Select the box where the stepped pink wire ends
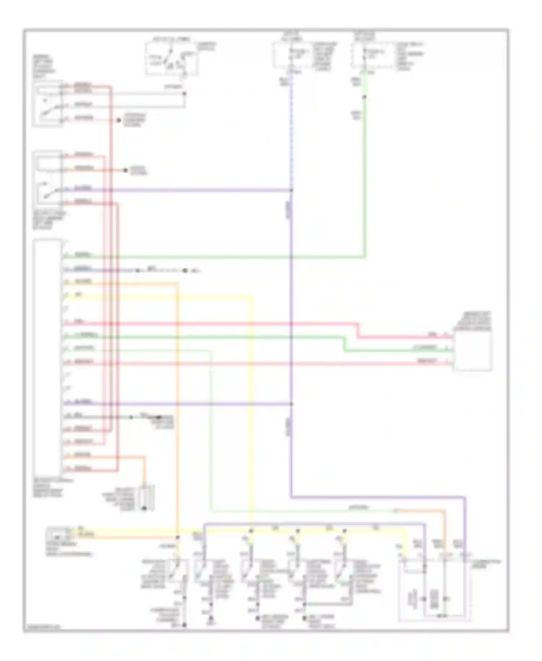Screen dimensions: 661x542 (x=473, y=350)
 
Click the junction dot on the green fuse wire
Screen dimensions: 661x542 (x=365, y=97)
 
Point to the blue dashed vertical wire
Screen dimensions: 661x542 (x=291, y=130)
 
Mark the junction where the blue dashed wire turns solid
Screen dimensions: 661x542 (x=291, y=190)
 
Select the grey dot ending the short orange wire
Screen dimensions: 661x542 (x=125, y=170)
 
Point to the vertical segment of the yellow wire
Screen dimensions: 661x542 (x=251, y=409)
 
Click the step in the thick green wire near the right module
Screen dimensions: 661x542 (x=344, y=344)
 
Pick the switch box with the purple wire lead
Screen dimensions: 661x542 (x=48, y=177)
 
